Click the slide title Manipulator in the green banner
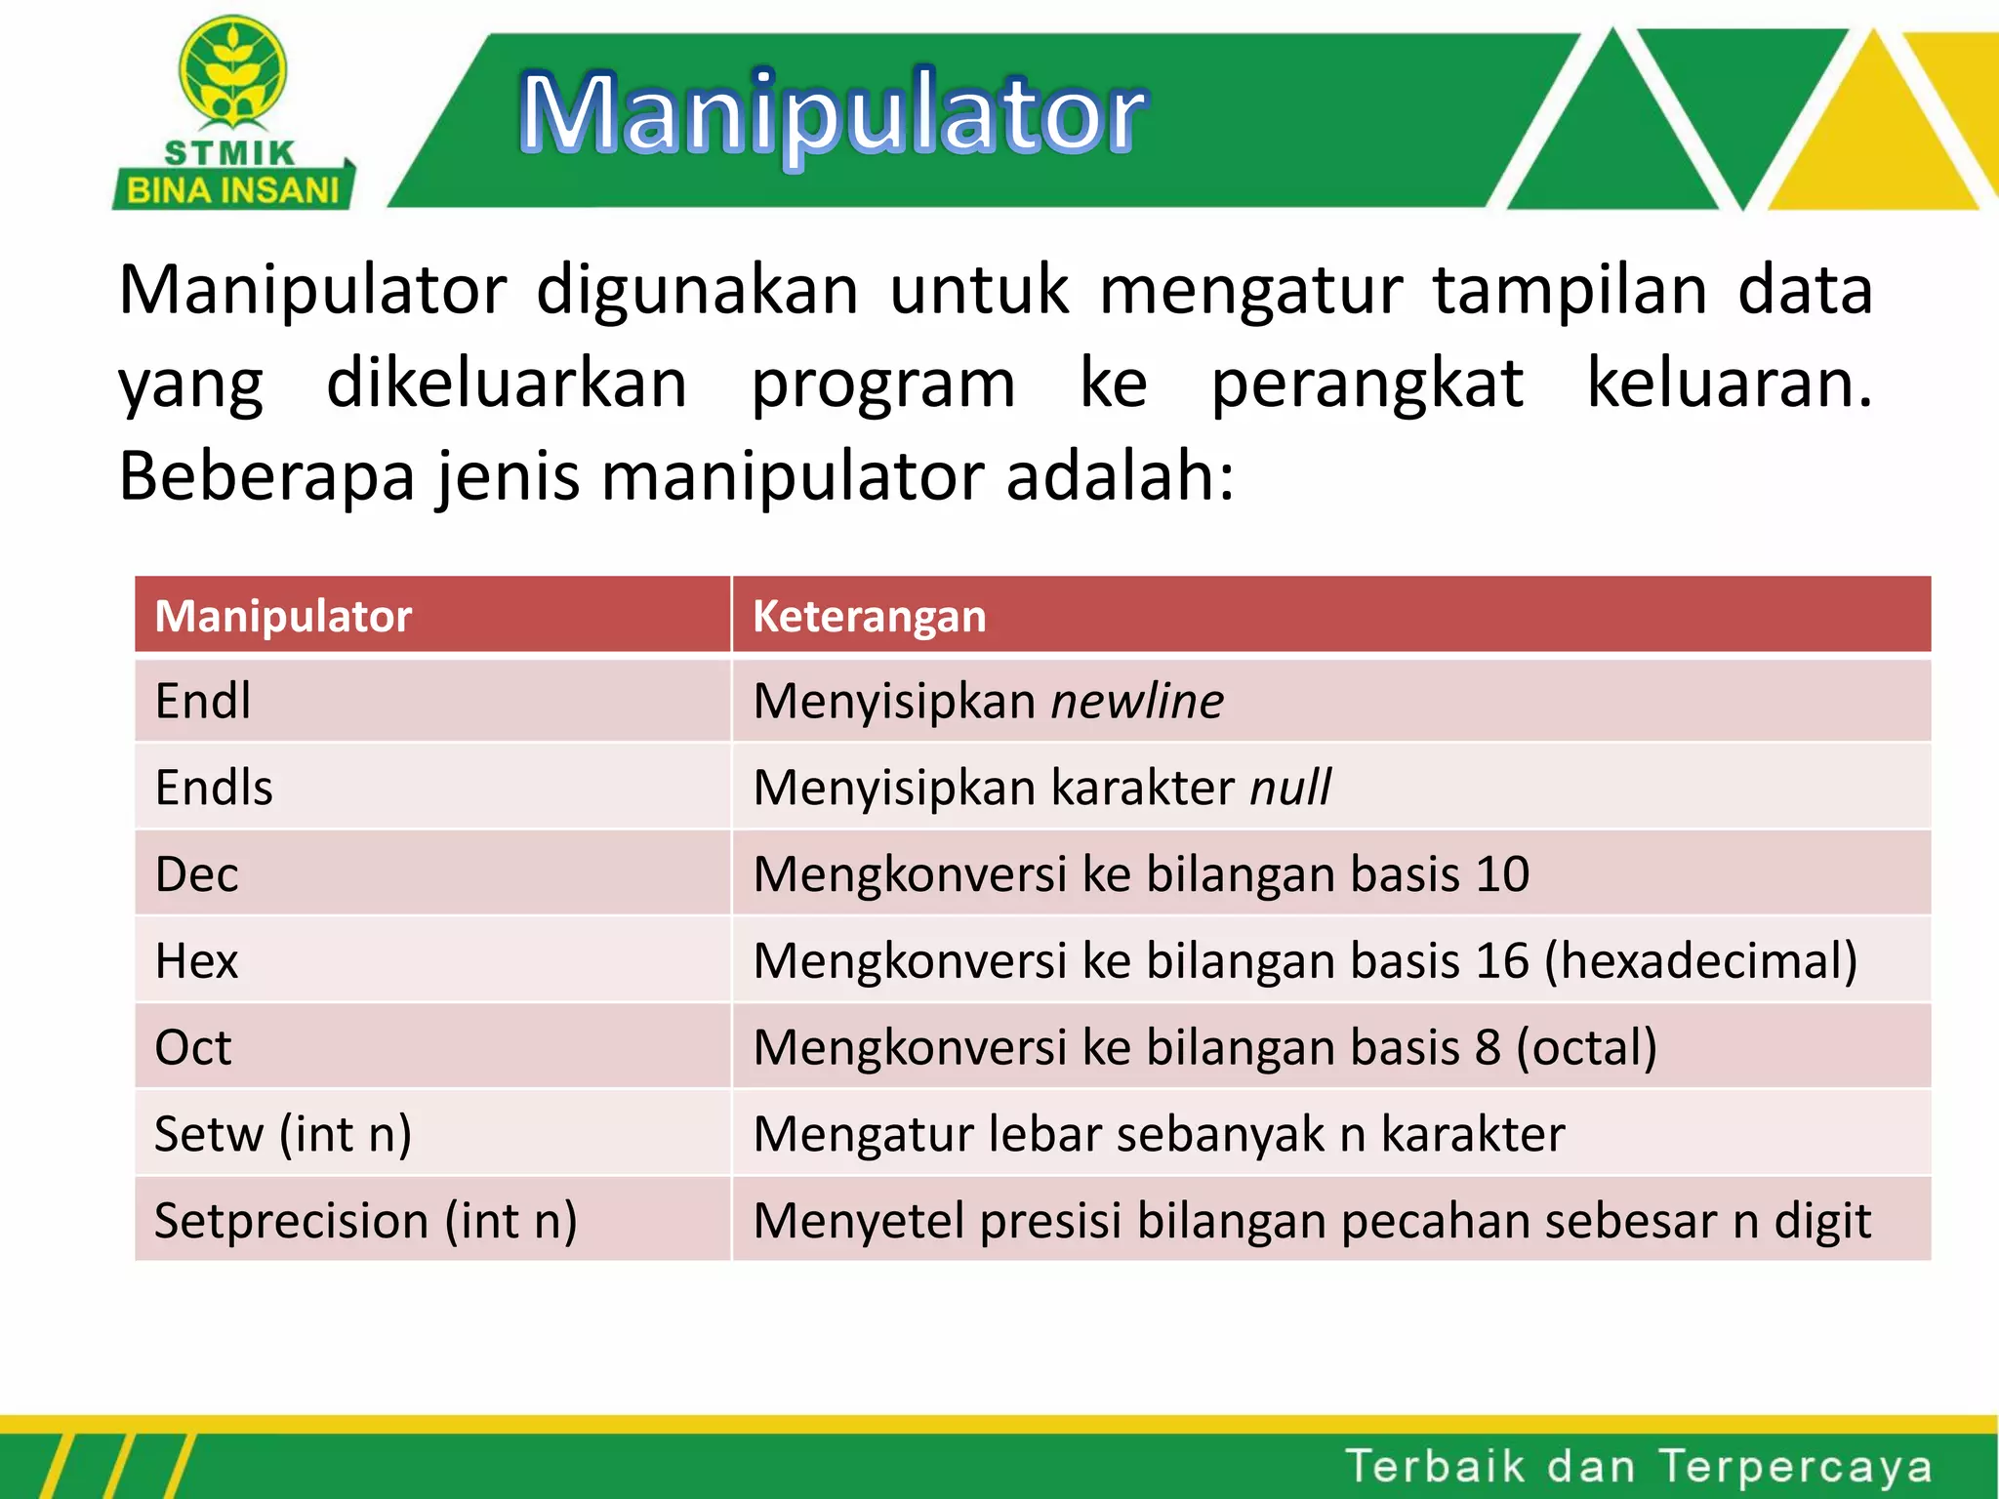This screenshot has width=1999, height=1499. coord(833,115)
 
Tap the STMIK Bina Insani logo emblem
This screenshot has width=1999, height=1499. coord(232,73)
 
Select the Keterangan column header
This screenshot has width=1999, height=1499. coord(869,617)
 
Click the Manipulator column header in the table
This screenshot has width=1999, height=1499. coord(283,617)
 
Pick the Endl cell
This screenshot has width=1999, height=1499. coord(203,701)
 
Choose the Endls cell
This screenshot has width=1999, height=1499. coord(214,788)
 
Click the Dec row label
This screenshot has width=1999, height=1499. coord(196,874)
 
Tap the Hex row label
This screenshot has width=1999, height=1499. coord(196,961)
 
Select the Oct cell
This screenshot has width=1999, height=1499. coord(193,1047)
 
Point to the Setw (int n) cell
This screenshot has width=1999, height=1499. coord(283,1134)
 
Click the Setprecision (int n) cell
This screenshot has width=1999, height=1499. coord(366,1221)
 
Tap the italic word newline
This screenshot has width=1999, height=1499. coord(1137,701)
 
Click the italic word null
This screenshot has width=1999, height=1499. coord(1290,788)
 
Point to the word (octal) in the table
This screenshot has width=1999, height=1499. coord(1586,1047)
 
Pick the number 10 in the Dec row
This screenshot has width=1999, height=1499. coord(1502,874)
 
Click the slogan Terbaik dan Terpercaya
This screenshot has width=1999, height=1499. coord(1638,1466)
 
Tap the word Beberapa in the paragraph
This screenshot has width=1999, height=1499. coord(266,477)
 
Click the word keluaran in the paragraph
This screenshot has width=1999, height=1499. coord(1728,384)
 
